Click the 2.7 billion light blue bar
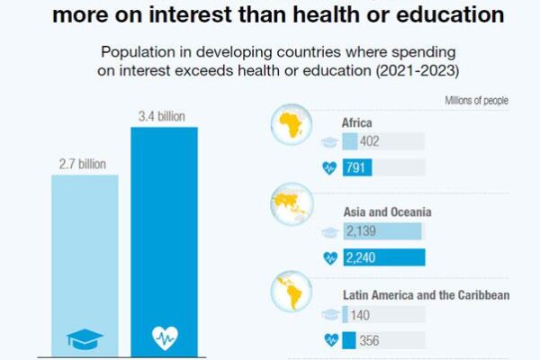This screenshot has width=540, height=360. click(x=85, y=261)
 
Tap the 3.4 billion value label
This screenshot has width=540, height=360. click(x=162, y=116)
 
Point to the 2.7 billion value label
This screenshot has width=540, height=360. click(x=83, y=164)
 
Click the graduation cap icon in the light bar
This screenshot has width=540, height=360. click(x=85, y=338)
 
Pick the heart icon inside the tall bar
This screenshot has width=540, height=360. click(x=164, y=338)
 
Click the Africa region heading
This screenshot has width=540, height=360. click(x=356, y=122)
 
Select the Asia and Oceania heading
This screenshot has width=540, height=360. click(x=387, y=212)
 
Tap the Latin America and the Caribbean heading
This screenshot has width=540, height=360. click(x=427, y=295)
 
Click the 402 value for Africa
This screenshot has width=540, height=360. click(x=370, y=141)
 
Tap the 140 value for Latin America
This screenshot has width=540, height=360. click(x=363, y=315)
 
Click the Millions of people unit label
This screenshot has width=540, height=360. click(x=476, y=100)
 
